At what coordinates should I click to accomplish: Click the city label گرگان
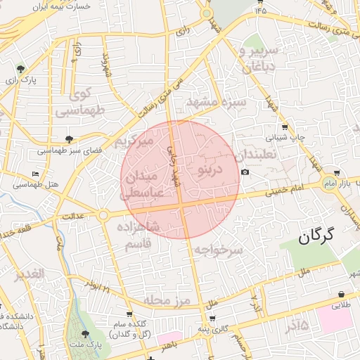[x=323, y=237]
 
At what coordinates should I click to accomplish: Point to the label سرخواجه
[x=218, y=250]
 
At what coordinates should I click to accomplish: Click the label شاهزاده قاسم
[x=144, y=236]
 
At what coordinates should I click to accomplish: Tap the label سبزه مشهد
[x=215, y=103]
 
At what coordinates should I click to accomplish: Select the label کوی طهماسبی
[x=79, y=102]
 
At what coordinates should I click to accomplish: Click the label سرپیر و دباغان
[x=259, y=59]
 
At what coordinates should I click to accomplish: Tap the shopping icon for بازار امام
[x=337, y=172]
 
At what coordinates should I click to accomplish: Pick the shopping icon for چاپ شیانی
[x=284, y=127]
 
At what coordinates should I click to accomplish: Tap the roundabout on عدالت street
[x=103, y=215]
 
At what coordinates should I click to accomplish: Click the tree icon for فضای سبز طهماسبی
[x=68, y=139]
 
